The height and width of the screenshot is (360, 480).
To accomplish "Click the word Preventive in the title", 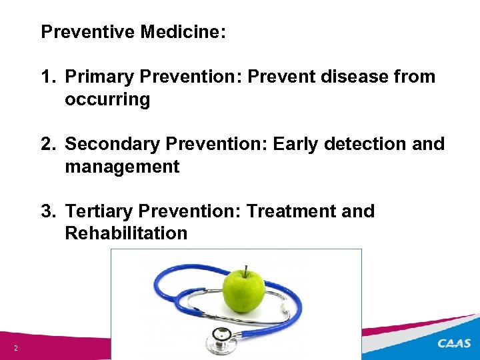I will click(88, 32).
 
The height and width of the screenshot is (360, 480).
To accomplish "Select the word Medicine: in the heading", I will click(183, 32).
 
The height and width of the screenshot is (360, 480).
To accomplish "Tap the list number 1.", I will click(47, 77).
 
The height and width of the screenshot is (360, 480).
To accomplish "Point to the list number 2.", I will click(47, 145).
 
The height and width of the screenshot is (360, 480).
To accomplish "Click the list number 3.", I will click(47, 212).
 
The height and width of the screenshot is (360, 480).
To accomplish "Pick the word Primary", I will click(99, 77).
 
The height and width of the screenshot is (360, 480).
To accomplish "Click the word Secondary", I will click(109, 145).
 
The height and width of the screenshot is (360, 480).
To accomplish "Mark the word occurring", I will click(107, 100).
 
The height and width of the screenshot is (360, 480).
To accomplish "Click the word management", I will click(122, 167).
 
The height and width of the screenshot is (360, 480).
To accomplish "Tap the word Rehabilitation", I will click(126, 234).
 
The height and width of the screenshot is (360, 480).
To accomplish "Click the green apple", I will click(244, 292).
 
